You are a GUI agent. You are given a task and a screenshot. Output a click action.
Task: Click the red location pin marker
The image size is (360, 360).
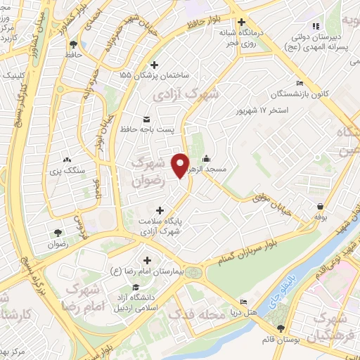(181, 165)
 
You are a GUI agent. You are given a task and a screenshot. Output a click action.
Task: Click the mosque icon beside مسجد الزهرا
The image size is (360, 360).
(205, 158)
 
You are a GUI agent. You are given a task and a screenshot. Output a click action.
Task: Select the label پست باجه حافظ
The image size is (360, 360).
(146, 129)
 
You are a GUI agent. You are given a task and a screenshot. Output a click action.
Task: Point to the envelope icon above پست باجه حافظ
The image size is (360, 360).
(146, 118)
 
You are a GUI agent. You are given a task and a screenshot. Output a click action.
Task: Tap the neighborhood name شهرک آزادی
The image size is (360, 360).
(186, 93)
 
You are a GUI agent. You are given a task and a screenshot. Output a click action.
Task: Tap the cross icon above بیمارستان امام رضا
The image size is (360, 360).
(146, 260)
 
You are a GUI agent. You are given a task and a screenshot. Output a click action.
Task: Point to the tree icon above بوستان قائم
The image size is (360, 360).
(281, 329)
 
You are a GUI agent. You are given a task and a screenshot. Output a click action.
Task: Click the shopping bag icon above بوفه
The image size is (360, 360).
(320, 205)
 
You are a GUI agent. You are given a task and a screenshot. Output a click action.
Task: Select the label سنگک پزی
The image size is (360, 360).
(67, 170)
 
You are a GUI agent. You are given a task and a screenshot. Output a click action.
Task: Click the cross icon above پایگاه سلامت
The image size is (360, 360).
(161, 210)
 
